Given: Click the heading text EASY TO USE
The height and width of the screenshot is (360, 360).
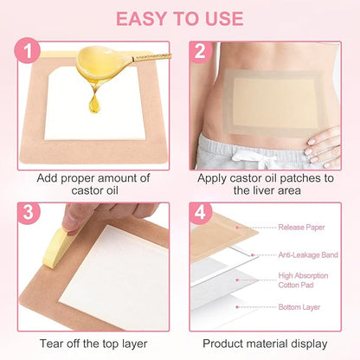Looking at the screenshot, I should point(180,18).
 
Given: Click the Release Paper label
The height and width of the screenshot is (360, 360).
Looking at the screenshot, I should point(302,228).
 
